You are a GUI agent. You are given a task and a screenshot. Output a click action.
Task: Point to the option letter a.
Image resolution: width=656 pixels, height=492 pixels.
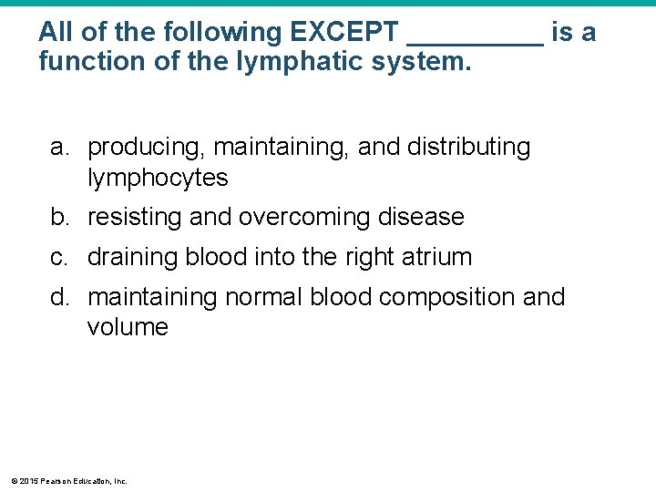click(x=59, y=148)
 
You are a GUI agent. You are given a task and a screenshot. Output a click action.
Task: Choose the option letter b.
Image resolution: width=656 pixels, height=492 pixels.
click(x=59, y=217)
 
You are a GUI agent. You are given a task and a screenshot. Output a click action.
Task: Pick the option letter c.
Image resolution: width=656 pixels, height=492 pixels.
click(x=59, y=257)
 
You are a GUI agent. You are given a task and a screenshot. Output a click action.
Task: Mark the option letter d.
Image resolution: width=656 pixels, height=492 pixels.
click(x=59, y=297)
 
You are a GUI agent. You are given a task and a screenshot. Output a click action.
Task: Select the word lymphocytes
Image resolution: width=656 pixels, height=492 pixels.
click(x=158, y=178)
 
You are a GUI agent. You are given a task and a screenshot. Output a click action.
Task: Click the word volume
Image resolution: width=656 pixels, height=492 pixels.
click(x=128, y=327)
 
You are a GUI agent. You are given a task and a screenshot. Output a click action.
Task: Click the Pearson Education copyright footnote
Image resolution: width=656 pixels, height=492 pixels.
click(x=68, y=480)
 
